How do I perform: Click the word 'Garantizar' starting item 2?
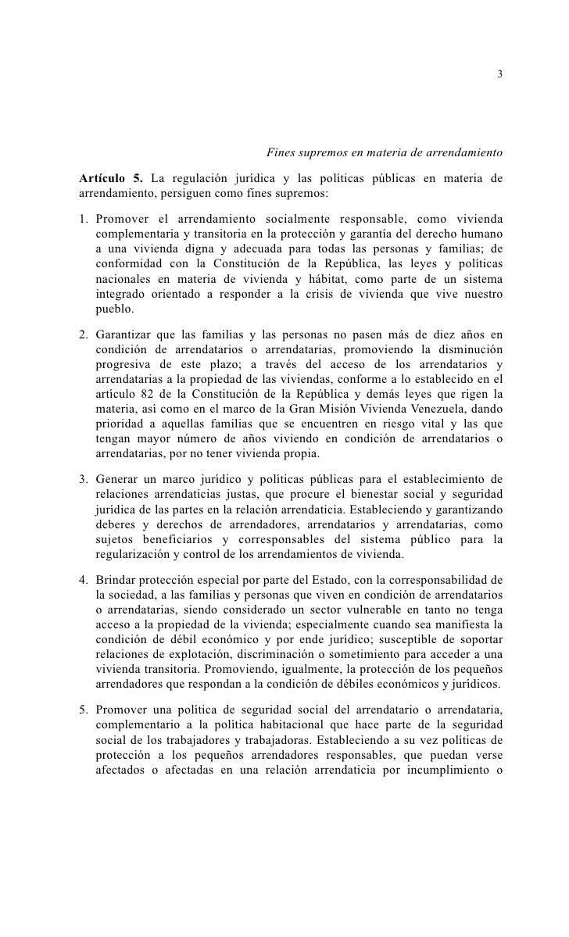point(123,337)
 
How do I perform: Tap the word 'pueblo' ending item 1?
point(114,309)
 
